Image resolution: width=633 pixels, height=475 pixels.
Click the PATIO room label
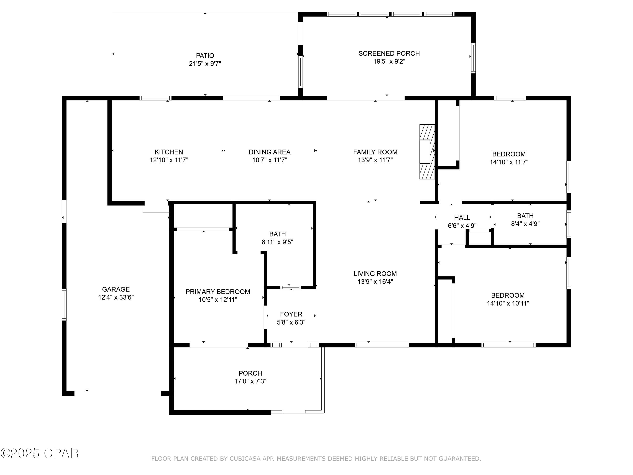pyautogui.click(x=205, y=56)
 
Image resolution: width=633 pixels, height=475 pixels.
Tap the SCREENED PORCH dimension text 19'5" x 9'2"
pyautogui.click(x=389, y=61)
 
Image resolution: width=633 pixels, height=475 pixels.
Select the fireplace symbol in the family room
pyautogui.click(x=427, y=152)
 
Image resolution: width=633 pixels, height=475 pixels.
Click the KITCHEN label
pyautogui.click(x=169, y=152)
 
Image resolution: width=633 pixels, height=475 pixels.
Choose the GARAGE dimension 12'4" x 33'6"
pyautogui.click(x=116, y=297)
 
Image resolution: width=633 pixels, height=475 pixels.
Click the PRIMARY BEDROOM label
pyautogui.click(x=218, y=292)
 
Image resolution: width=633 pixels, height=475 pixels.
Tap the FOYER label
pyautogui.click(x=291, y=314)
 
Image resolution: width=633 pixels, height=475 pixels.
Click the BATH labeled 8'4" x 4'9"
pyautogui.click(x=525, y=216)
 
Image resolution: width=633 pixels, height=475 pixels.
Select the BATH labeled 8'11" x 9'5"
pyautogui.click(x=277, y=234)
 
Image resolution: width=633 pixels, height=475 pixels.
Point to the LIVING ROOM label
pyautogui.click(x=375, y=273)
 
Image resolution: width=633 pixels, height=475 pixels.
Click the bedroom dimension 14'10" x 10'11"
pyautogui.click(x=508, y=303)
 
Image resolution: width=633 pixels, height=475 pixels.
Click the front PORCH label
pyautogui.click(x=250, y=373)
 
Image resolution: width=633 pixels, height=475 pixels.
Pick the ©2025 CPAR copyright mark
pyautogui.click(x=39, y=453)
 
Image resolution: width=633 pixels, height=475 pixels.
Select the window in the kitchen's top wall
pyautogui.click(x=155, y=98)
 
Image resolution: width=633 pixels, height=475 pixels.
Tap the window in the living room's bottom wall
pyautogui.click(x=382, y=345)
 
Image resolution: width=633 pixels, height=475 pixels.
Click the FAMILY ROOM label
pyautogui.click(x=375, y=152)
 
